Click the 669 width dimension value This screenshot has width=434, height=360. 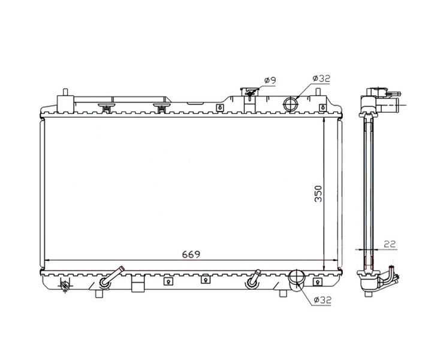(x=191, y=254)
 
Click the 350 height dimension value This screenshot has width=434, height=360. (x=318, y=194)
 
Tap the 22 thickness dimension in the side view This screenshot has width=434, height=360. (x=390, y=244)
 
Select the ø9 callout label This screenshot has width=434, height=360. (x=270, y=80)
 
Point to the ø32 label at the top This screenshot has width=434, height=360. (x=321, y=79)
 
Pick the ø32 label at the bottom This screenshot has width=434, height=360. (x=323, y=300)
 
